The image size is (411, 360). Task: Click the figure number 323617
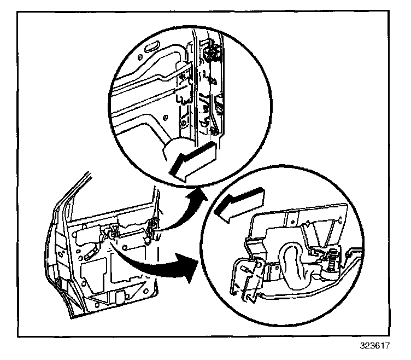(383, 347)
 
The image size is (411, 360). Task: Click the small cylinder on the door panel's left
(89, 255)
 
